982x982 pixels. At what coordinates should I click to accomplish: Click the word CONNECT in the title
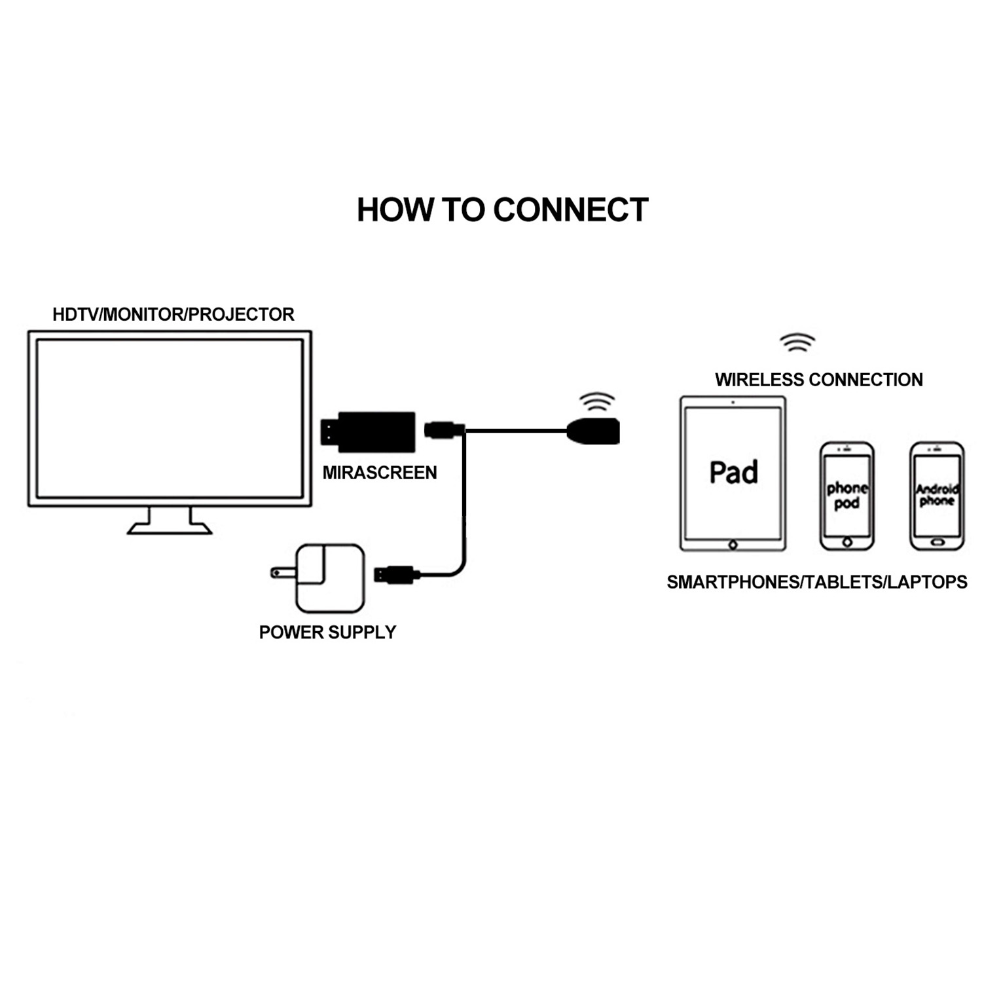(x=570, y=210)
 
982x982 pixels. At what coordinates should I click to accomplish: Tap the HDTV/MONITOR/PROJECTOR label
(x=173, y=315)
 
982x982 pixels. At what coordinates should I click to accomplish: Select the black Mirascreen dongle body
(x=376, y=431)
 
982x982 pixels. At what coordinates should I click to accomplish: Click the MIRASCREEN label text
(x=380, y=473)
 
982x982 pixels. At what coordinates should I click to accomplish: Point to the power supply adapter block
(x=329, y=577)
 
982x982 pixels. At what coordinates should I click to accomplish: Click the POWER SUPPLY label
(x=327, y=632)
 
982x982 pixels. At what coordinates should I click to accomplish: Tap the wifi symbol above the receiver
(x=597, y=401)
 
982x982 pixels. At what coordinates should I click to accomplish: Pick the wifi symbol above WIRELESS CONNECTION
(x=797, y=342)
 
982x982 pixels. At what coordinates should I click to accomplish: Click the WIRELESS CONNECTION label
(x=818, y=380)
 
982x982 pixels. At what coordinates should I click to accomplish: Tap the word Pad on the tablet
(x=733, y=473)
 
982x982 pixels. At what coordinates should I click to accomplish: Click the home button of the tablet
(x=733, y=545)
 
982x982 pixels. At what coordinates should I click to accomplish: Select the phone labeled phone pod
(x=846, y=496)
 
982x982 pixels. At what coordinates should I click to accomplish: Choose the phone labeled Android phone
(x=937, y=496)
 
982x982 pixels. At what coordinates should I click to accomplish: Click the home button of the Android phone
(x=937, y=543)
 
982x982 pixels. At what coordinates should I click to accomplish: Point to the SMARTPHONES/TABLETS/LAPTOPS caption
(x=816, y=582)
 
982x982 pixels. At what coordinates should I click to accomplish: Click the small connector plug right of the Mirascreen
(x=444, y=430)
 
